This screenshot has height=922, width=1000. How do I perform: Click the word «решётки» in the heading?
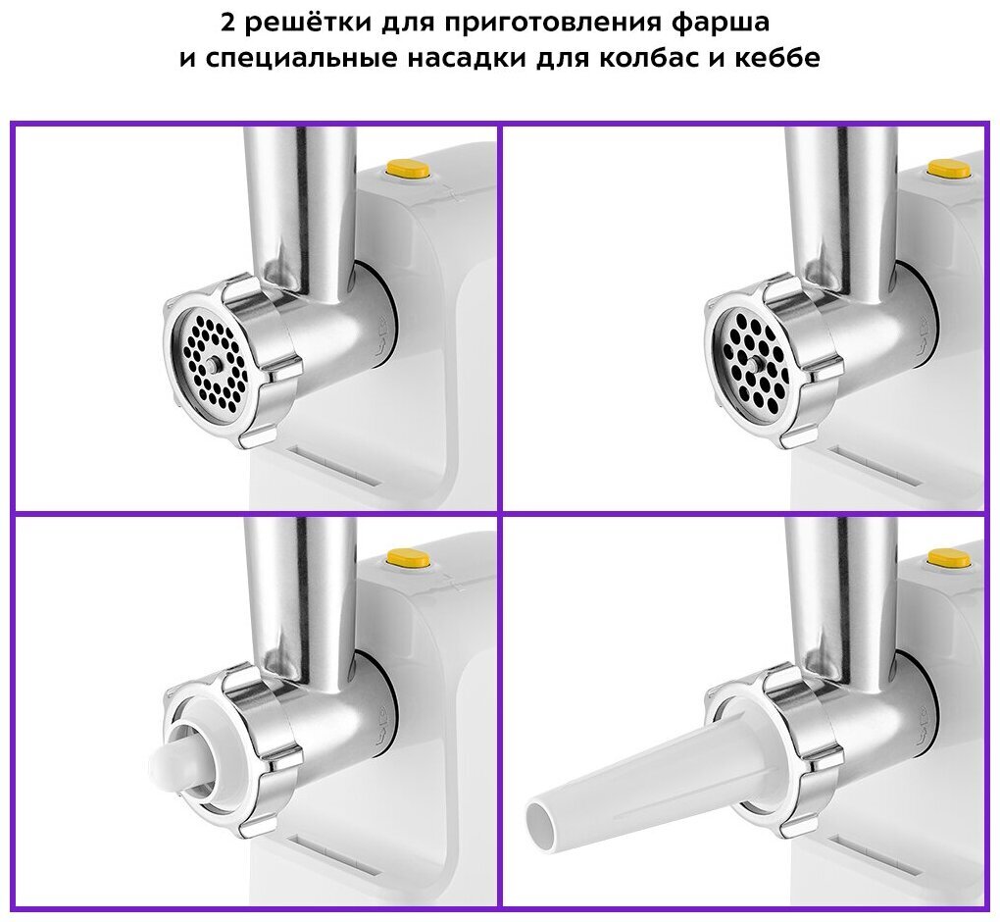pos(311,23)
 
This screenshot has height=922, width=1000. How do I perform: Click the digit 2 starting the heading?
pos(229,24)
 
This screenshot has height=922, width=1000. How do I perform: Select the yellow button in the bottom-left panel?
pos(408,558)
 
